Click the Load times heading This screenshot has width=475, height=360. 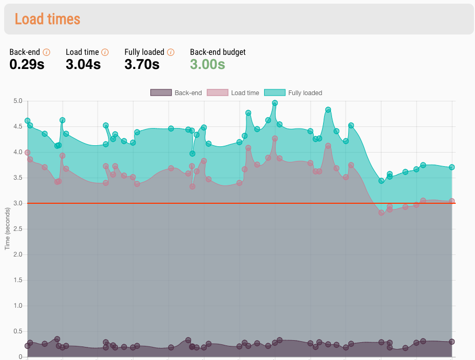tap(47, 19)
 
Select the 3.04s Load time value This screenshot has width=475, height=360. tap(83, 65)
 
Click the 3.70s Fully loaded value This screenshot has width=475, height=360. tap(141, 65)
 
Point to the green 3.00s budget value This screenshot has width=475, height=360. tap(207, 65)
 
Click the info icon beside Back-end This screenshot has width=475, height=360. tap(46, 52)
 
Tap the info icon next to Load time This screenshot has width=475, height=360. tap(105, 52)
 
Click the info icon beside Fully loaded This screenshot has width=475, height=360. tap(171, 52)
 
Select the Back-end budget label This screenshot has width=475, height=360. tap(218, 52)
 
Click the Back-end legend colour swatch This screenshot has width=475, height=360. tap(161, 93)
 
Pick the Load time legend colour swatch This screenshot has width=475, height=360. tap(218, 93)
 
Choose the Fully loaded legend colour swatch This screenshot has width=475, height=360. tap(275, 93)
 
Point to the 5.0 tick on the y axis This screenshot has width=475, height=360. tap(17, 101)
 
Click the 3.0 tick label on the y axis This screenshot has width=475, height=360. tap(17, 203)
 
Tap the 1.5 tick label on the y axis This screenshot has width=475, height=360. tap(17, 280)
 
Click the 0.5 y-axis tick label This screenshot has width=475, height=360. tap(17, 331)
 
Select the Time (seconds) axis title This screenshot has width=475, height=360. tap(7, 228)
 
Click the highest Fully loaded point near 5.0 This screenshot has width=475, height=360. tap(275, 103)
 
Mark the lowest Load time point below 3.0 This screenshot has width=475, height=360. tap(382, 213)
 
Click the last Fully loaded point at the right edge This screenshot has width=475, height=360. tap(452, 167)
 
